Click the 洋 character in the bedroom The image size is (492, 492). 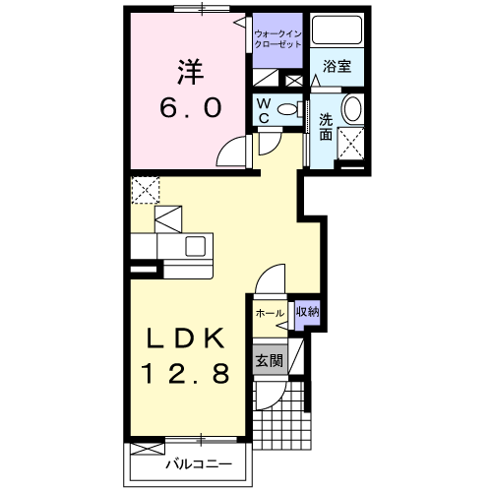tap(191, 72)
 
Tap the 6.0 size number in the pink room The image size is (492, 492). tap(191, 108)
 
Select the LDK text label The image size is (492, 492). tap(186, 338)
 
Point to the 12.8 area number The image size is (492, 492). tap(186, 374)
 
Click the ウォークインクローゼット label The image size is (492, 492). tap(277, 39)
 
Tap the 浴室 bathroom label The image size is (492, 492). tap(337, 67)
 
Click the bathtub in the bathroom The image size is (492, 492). tap(337, 30)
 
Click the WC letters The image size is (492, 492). tap(264, 111)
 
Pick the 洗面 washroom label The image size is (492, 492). tap(326, 127)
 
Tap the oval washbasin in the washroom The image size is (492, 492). tap(352, 109)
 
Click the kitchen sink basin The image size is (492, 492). tap(196, 246)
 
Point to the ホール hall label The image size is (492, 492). tap(270, 313)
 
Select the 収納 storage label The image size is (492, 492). tap(308, 312)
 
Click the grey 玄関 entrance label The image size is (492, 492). tap(270, 361)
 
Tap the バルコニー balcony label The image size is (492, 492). tap(199, 464)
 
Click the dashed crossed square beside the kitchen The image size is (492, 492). tap(146, 190)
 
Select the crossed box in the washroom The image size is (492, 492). tap(351, 144)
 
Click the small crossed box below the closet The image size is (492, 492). tap(294, 81)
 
